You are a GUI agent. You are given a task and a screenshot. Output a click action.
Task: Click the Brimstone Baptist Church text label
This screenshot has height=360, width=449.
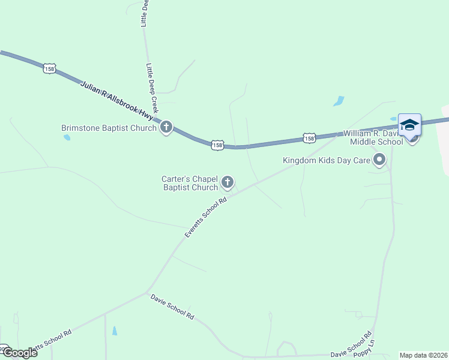109,128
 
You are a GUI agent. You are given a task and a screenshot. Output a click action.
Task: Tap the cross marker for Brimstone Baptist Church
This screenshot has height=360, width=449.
166,127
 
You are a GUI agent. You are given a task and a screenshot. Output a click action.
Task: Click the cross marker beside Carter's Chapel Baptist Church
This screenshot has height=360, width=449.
228,182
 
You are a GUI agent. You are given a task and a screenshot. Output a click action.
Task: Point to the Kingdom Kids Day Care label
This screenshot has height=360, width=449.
327,160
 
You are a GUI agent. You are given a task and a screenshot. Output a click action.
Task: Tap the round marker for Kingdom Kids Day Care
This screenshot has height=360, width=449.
379,160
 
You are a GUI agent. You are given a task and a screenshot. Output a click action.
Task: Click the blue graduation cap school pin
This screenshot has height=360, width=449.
409,125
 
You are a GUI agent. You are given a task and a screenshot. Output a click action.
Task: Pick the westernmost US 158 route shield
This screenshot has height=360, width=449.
49,69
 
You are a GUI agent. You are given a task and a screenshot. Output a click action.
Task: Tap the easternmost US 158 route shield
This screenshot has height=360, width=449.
309,138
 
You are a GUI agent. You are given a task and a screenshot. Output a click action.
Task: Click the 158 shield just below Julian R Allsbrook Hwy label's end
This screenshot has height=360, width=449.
217,145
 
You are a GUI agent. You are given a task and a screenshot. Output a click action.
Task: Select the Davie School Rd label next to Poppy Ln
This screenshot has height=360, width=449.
360,343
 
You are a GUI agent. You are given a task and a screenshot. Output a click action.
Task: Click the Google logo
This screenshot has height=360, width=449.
19,353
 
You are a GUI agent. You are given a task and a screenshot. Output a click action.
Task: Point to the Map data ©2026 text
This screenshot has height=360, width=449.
423,355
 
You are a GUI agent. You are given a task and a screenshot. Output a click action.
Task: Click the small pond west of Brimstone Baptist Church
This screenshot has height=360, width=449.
67,137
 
